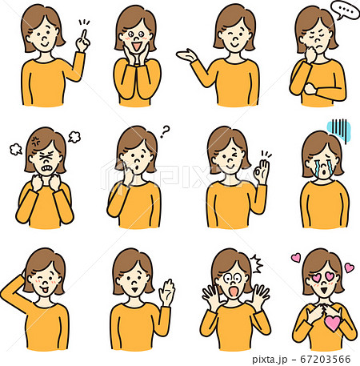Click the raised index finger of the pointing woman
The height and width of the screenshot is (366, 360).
tap(84, 34)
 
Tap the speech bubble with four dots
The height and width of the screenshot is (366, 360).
tap(345, 10)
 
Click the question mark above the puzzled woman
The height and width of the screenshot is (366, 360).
tap(165, 131)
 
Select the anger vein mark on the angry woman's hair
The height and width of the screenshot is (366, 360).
tap(35, 141)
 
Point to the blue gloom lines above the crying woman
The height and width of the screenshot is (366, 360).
tap(339, 130)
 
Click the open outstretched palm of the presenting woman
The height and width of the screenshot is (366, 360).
tap(186, 55)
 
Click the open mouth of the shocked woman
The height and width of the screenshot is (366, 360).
tap(234, 292)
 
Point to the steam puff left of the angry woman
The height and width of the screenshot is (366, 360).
tap(16, 149)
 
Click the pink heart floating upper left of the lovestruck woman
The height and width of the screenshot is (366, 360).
tap(296, 258)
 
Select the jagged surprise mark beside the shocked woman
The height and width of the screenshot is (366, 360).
tap(257, 263)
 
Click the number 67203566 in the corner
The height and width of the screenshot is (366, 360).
tap(326, 359)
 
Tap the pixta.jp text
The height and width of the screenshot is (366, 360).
tap(270, 360)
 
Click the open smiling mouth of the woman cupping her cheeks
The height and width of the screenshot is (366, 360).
tap(137, 46)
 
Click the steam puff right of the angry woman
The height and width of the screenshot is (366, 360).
tap(74, 137)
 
